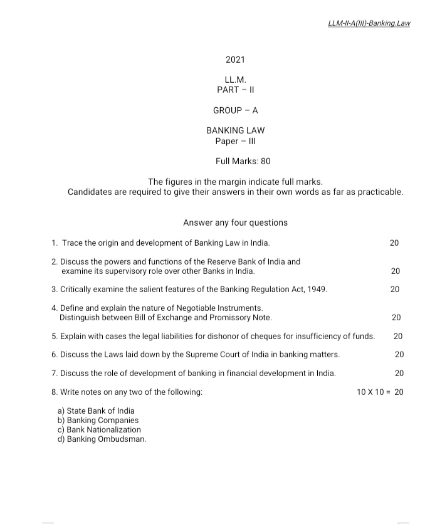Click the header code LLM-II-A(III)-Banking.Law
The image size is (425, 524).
[369, 23]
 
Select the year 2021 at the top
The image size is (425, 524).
[235, 60]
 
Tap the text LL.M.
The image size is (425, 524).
[235, 80]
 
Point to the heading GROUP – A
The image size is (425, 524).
[235, 110]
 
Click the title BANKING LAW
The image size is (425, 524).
[235, 130]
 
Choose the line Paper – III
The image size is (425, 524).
[235, 140]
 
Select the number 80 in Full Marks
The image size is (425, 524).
[265, 161]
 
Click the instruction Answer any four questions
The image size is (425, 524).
[235, 223]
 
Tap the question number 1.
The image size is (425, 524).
[55, 243]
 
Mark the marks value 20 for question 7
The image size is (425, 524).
[399, 373]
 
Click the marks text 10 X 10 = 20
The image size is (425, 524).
[380, 392]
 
